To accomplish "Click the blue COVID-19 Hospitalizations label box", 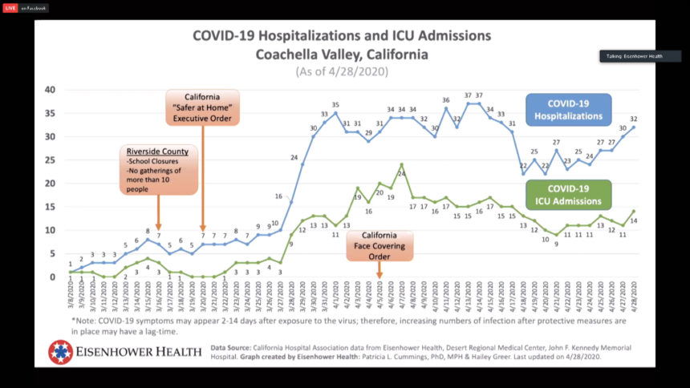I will point(567,110).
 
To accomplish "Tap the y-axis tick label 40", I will point(50,90).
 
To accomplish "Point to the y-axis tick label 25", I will point(50,160).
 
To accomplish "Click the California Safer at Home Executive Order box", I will point(202,107).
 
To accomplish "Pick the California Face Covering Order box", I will point(379,247).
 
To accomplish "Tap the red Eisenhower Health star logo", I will point(60,352).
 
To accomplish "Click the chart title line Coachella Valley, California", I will point(342,55).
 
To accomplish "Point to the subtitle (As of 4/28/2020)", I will point(342,71).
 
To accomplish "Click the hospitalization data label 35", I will point(335,104).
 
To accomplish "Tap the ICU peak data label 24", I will point(402,172).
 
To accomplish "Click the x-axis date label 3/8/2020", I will point(71,297).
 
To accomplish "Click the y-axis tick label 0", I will point(53,277).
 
